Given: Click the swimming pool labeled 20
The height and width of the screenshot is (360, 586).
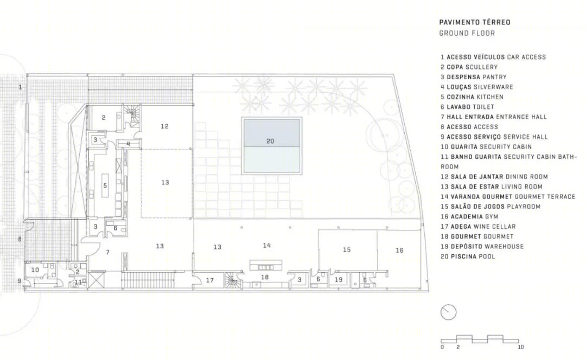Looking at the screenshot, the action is coord(272,146).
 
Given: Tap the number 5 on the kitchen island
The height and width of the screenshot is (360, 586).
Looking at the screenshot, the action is coord(105,185).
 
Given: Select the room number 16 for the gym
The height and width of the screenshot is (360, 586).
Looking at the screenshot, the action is coord(399,250).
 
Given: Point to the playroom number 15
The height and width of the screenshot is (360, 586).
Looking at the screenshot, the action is coord(347,249).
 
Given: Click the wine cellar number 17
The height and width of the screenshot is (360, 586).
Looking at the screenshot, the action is coord(209,280).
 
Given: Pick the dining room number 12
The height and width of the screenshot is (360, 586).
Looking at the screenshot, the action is coord(164,126).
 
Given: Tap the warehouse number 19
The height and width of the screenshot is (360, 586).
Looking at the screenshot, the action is coord(339,279).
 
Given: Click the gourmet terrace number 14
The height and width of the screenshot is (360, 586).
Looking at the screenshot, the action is coord(266,246).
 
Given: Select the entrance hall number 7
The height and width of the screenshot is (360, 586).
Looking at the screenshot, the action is coord(107,253).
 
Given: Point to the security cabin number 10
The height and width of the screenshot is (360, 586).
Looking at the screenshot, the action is coord(35,269).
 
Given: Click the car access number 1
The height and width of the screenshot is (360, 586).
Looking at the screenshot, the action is coord(20,87).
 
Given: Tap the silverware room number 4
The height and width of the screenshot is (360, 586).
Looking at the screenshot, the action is coord(128,144).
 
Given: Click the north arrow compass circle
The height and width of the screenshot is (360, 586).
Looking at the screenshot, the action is coord(449,312).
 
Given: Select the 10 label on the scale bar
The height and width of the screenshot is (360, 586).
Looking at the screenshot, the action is coord(520,347).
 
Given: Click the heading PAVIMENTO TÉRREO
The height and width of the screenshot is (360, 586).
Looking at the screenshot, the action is coord(475,22).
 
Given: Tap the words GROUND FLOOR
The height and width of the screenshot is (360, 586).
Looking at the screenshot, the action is coord(467,33).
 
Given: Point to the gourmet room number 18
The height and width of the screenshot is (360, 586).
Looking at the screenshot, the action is coord(265,277).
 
